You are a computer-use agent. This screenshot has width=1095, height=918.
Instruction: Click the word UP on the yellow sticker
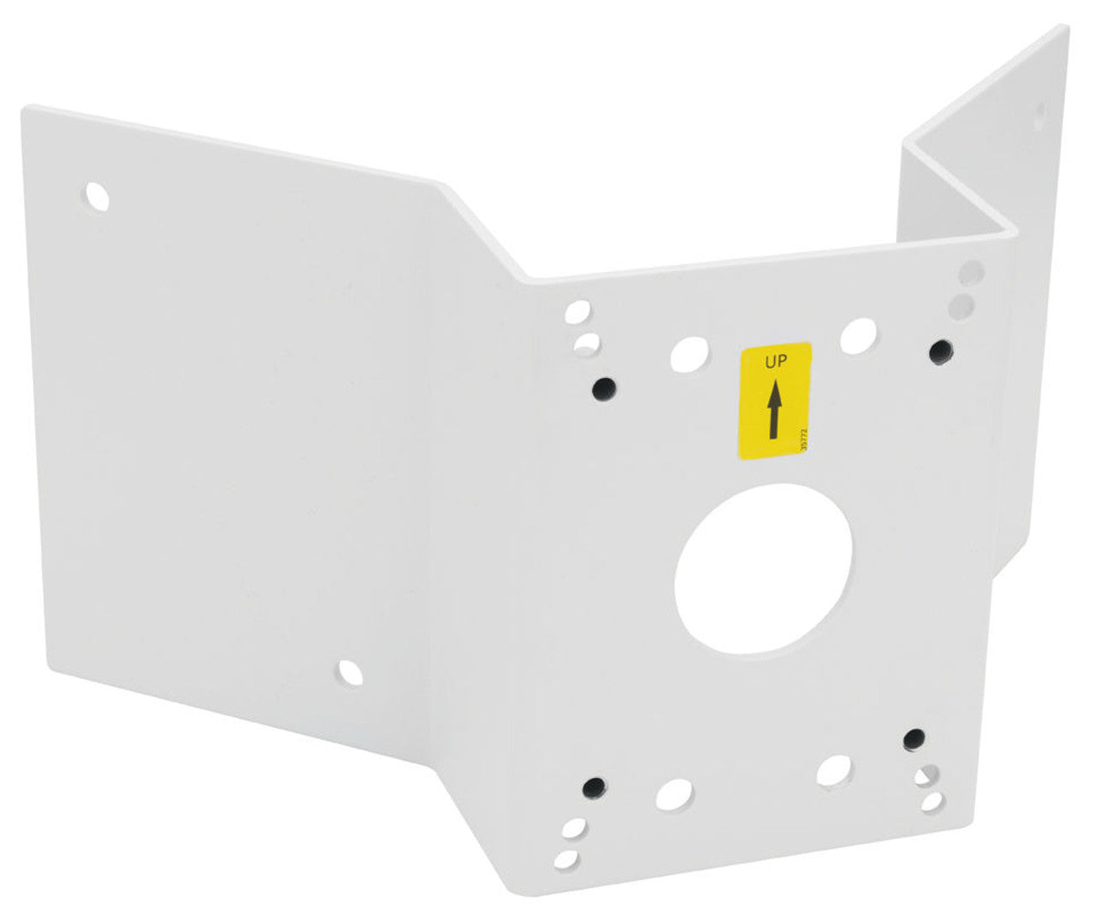click(x=775, y=362)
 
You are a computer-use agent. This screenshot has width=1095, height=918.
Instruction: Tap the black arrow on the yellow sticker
click(x=774, y=410)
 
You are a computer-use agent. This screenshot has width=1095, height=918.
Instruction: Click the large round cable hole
click(x=763, y=568)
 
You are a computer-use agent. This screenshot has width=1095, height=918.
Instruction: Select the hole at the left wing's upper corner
click(x=98, y=197)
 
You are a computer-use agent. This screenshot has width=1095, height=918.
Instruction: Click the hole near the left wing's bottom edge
click(x=349, y=674)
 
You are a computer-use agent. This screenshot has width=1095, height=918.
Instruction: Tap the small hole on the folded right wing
click(x=1040, y=115)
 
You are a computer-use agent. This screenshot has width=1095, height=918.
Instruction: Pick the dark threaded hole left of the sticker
click(x=604, y=389)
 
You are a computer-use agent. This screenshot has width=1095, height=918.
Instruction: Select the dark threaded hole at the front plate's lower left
click(x=592, y=786)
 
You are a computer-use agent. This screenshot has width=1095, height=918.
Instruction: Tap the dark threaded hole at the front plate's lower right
click(x=914, y=739)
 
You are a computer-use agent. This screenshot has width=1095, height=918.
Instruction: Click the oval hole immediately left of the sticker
click(x=690, y=354)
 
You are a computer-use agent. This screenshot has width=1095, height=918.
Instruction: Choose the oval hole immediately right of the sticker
click(x=858, y=336)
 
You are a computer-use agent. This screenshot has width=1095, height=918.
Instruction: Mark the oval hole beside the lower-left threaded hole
click(x=674, y=795)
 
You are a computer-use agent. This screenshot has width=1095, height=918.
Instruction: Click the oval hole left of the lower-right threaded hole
click(x=833, y=770)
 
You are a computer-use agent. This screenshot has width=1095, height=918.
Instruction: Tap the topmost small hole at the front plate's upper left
click(x=577, y=312)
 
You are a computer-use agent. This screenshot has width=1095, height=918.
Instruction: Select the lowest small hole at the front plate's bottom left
click(x=565, y=859)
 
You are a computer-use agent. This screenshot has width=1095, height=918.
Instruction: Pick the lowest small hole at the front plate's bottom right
click(x=932, y=803)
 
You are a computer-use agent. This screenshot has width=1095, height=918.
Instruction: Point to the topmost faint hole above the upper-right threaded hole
click(x=972, y=273)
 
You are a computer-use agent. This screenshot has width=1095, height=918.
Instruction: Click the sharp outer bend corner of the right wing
click(x=1015, y=228)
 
